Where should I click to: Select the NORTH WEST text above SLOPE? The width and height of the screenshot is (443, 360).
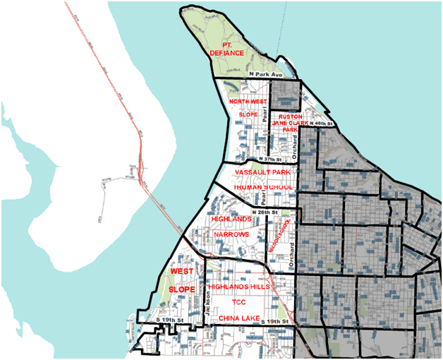coord(247,102)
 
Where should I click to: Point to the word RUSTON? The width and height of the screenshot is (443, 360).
coord(291,116)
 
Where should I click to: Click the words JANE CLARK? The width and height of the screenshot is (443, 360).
coord(291,123)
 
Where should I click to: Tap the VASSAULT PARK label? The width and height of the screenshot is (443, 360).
coord(265,173)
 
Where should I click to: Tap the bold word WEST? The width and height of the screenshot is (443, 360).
coord(181,270)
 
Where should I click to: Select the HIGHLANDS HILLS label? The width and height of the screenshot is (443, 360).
coord(236,287)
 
